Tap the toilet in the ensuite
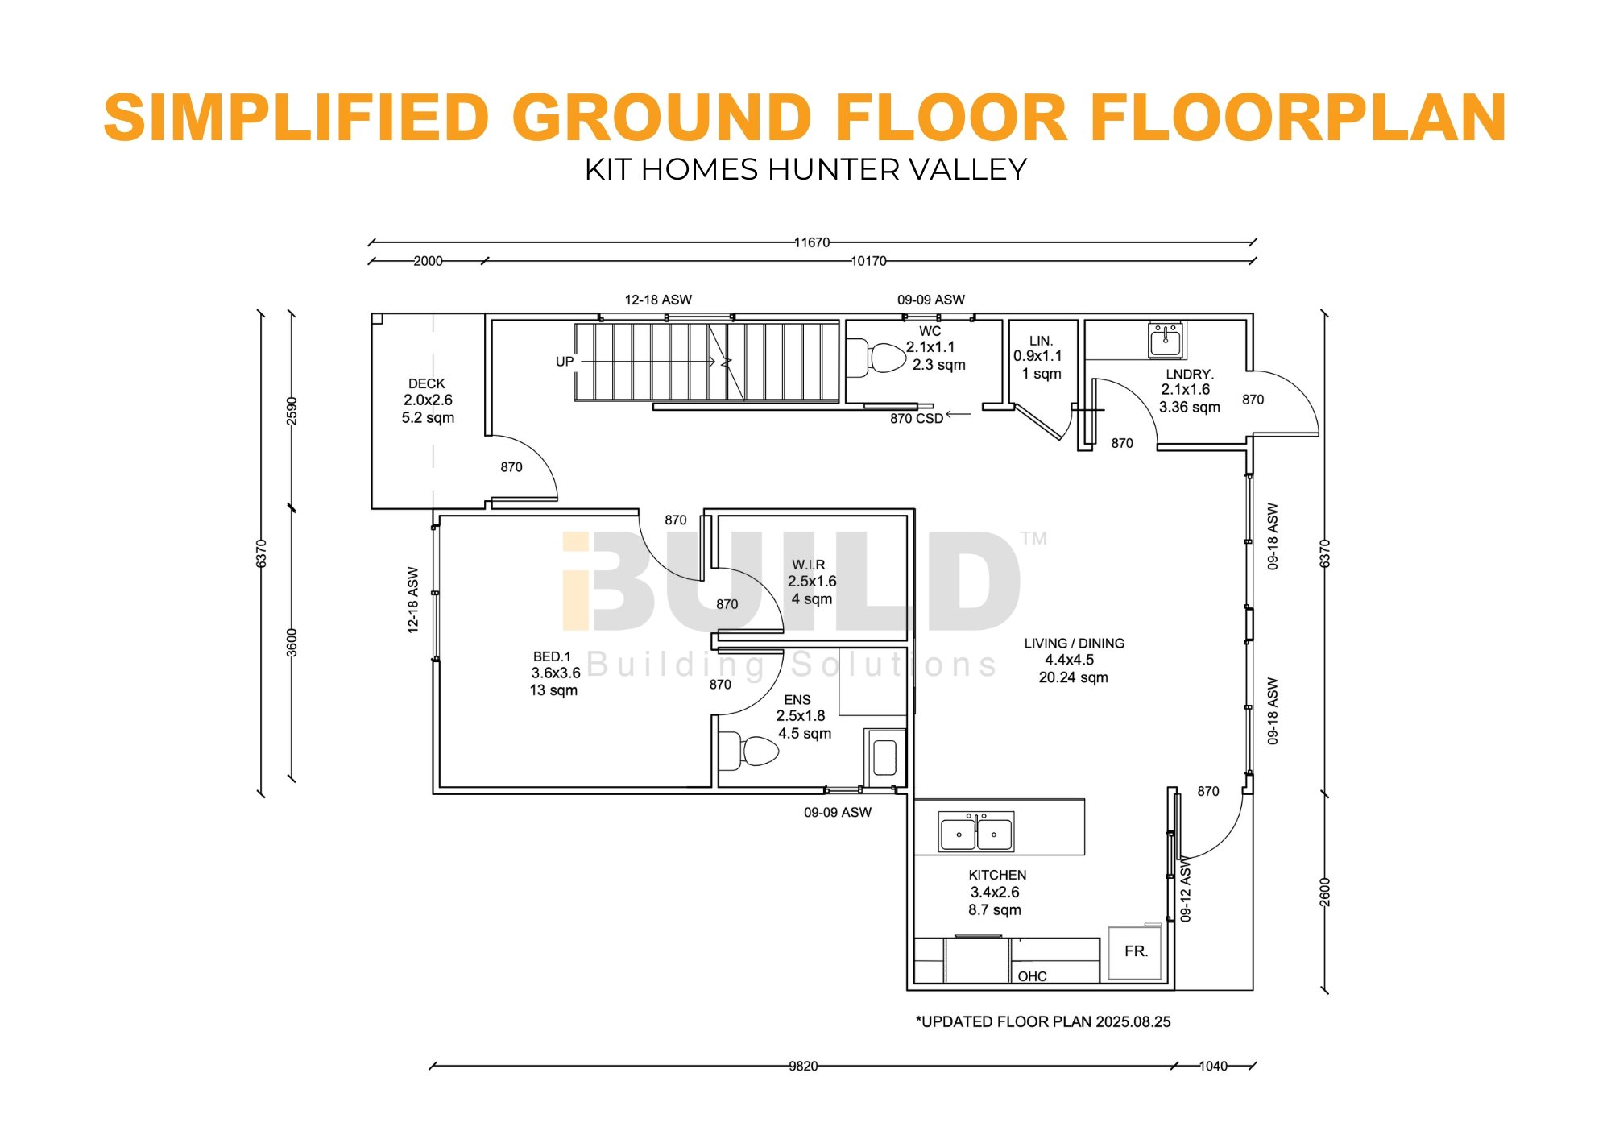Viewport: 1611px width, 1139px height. [x=748, y=751]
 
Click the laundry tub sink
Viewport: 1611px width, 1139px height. [x=1166, y=340]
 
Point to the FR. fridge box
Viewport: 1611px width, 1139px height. [x=1136, y=953]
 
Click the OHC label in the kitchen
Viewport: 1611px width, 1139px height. [x=1032, y=976]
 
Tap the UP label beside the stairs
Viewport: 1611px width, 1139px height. [x=565, y=362]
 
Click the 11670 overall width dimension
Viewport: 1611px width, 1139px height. [x=812, y=242]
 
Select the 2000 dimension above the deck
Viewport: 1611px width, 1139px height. [x=428, y=261]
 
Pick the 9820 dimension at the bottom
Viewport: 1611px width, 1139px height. [x=803, y=1066]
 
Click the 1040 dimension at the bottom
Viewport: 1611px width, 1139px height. [x=1213, y=1066]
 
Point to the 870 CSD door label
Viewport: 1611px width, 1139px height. [x=917, y=419]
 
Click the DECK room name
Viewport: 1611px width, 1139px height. [x=427, y=383]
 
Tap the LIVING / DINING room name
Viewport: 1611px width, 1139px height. [x=1075, y=644]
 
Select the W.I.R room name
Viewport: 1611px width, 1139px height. [x=809, y=565]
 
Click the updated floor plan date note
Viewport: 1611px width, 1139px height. [x=1043, y=1021]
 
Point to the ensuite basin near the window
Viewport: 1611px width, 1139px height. [x=884, y=757]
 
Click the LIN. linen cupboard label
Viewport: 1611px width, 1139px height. [x=1042, y=341]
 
